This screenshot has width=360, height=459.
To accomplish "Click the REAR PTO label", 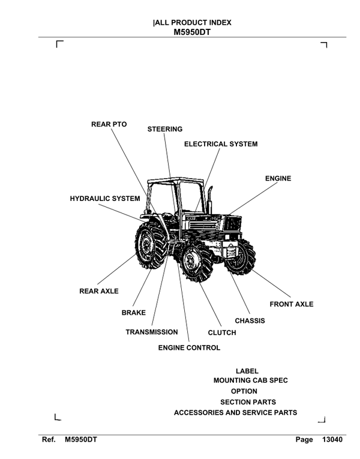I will [x=109, y=124].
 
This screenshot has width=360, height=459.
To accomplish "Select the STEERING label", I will [x=165, y=129].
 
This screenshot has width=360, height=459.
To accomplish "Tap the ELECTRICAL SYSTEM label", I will [x=220, y=144].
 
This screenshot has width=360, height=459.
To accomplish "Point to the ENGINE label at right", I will [x=278, y=178].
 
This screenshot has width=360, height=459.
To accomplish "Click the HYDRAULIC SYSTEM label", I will [x=105, y=198].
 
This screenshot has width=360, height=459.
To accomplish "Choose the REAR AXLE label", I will [x=99, y=291].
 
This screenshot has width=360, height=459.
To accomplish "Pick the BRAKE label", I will [x=134, y=313].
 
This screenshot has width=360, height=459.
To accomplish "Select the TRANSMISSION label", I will [x=152, y=332].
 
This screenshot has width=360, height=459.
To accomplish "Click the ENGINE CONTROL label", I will [x=189, y=347].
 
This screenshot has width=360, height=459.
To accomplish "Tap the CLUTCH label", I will [x=222, y=332].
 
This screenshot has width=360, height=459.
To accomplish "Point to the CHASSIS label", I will [x=250, y=320].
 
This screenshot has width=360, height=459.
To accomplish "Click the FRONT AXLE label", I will [x=291, y=304].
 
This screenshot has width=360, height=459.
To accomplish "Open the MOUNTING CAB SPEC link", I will [x=250, y=380].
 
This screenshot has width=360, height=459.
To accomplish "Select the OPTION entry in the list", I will [x=244, y=391].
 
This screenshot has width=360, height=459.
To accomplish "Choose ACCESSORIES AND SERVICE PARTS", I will [x=235, y=413].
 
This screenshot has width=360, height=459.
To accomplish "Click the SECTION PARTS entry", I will [x=248, y=402].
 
